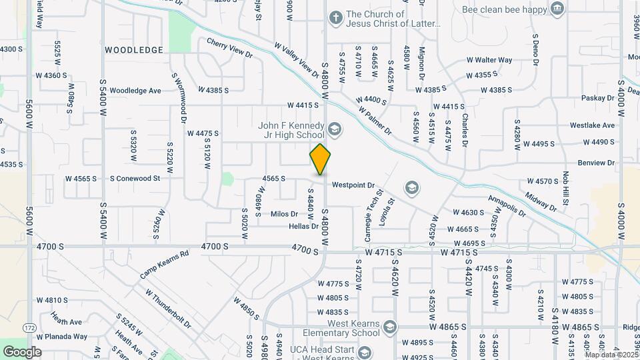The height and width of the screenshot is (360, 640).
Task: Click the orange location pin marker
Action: (x=320, y=159)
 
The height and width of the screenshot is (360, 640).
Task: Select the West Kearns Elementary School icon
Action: (x=390, y=327)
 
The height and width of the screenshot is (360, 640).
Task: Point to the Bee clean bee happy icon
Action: (x=556, y=8)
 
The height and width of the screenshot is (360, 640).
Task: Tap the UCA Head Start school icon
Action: (x=364, y=351)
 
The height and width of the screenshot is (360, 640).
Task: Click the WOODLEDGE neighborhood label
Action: (x=133, y=50)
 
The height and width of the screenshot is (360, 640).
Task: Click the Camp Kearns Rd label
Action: (x=165, y=264)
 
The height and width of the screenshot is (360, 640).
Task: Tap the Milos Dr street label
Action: (x=284, y=214)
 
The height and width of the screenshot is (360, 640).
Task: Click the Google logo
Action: (x=21, y=351)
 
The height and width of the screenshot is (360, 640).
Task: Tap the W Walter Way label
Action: (x=489, y=60)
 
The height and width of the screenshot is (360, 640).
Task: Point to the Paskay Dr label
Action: (x=597, y=98)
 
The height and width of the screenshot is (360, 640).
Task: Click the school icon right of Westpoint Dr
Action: (x=411, y=187)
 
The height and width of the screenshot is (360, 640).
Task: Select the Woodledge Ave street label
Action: (x=135, y=90)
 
